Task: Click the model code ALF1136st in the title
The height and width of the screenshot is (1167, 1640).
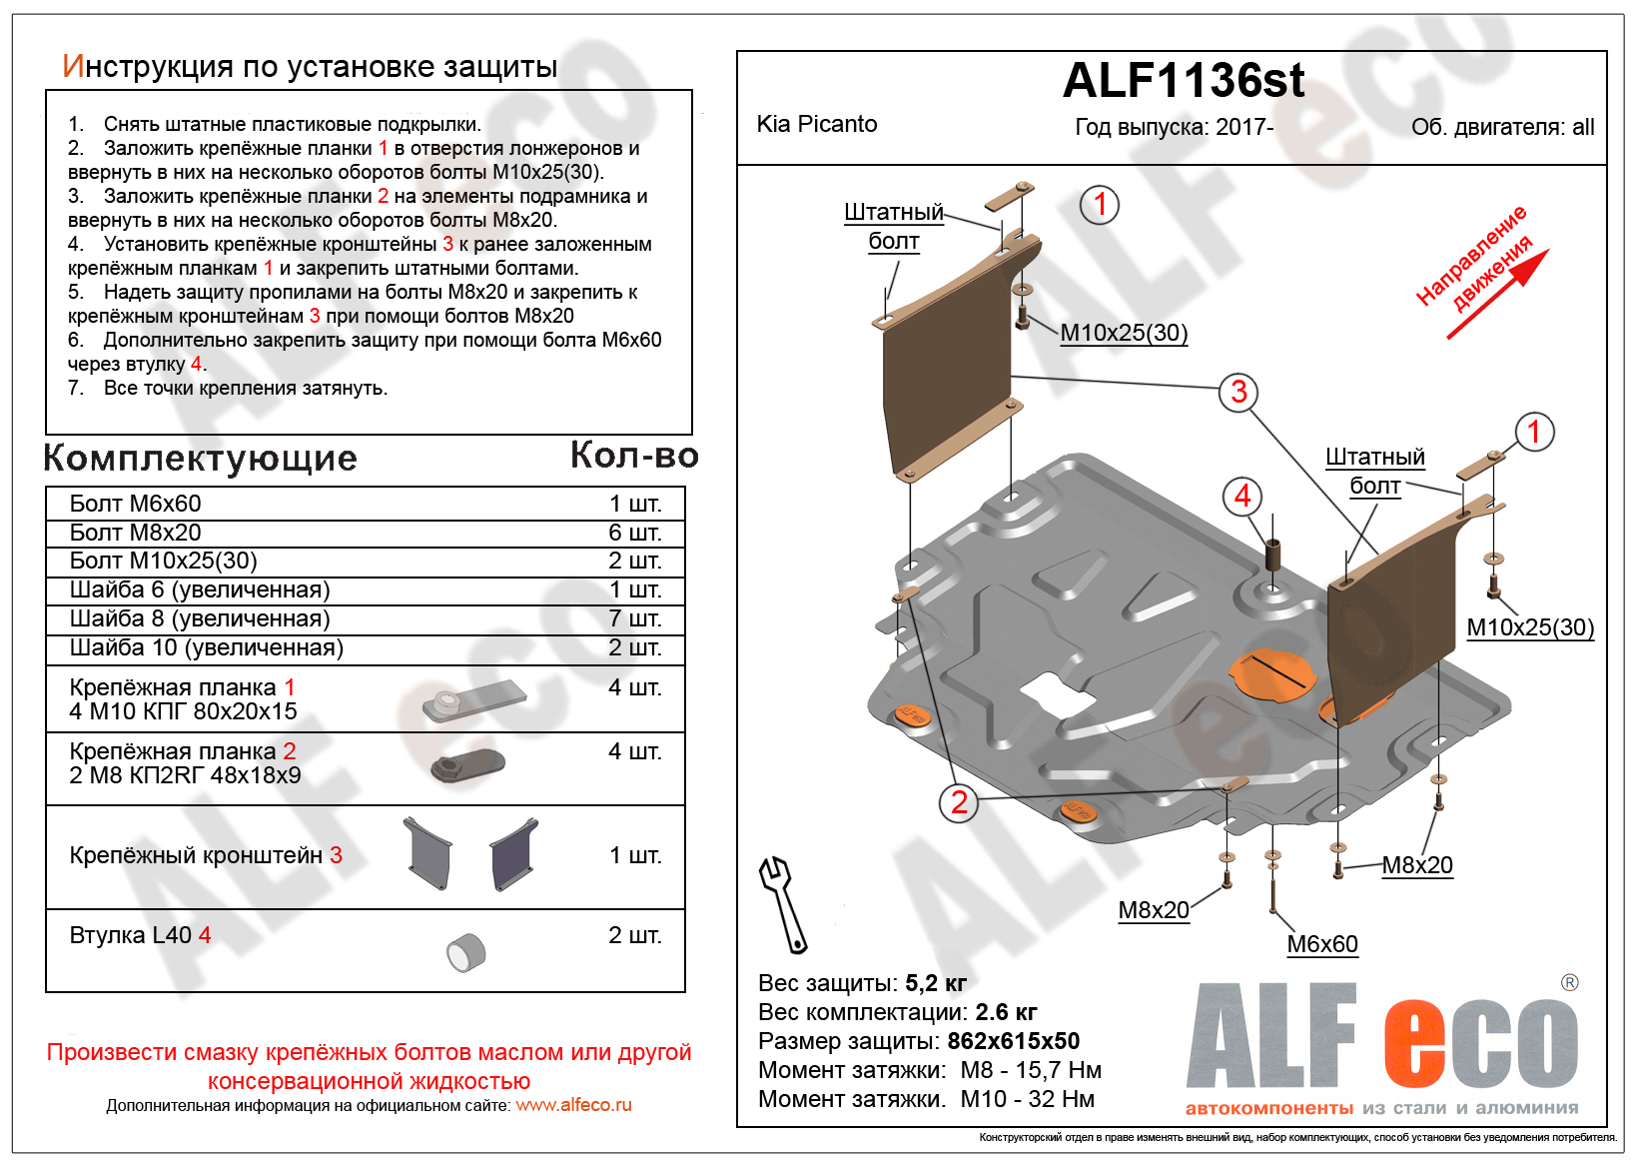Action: click(x=1184, y=81)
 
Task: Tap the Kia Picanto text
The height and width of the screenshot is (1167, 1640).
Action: click(x=817, y=124)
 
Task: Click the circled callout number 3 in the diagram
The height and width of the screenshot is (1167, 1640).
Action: click(x=1238, y=392)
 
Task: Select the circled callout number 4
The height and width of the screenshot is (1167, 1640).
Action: click(x=1242, y=496)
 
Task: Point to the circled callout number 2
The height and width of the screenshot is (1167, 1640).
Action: click(x=959, y=802)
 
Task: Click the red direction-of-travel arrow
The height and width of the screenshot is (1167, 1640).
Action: click(x=1498, y=294)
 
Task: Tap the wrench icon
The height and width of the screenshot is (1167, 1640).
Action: click(x=783, y=904)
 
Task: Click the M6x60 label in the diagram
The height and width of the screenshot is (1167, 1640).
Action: click(x=1321, y=944)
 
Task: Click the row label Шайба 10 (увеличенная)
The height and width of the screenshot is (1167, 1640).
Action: click(x=207, y=647)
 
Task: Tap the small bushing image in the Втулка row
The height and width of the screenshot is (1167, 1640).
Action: click(x=465, y=952)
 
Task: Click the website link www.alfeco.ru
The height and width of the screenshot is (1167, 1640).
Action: click(x=573, y=1105)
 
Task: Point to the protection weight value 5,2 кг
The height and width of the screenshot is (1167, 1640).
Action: click(x=936, y=983)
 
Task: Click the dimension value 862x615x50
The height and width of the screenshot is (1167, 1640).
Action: click(x=1013, y=1041)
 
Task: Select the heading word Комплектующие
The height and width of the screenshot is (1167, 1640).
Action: click(x=201, y=458)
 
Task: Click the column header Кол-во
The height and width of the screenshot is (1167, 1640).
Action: click(x=634, y=456)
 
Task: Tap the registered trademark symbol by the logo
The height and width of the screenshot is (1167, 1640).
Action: click(x=1569, y=983)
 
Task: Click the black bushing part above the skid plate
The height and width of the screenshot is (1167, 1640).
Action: click(x=1273, y=554)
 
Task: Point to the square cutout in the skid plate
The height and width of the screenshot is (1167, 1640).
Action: click(x=1056, y=692)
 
